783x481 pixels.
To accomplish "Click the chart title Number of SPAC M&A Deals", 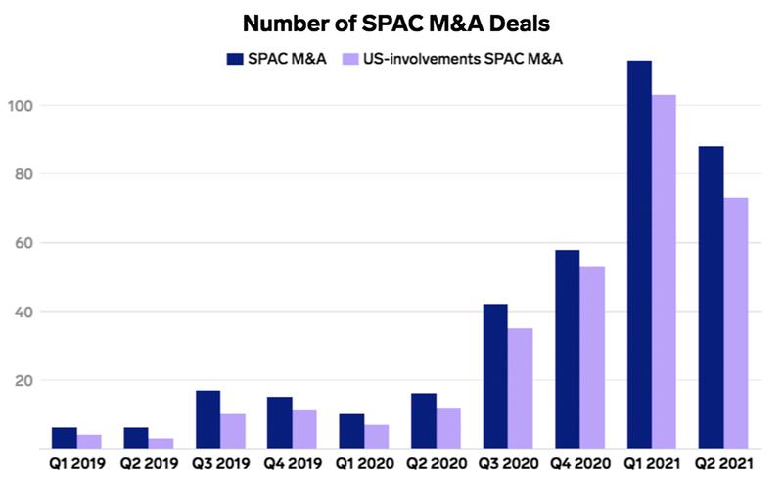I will (x=391, y=22).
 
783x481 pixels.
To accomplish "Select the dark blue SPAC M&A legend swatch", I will (x=236, y=59).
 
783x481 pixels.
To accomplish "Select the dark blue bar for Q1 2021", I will (x=639, y=255).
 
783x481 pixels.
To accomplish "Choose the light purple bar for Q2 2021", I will (x=736, y=323).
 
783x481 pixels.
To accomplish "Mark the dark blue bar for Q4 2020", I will (x=567, y=349).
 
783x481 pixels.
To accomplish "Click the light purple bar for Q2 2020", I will (x=447, y=428).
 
